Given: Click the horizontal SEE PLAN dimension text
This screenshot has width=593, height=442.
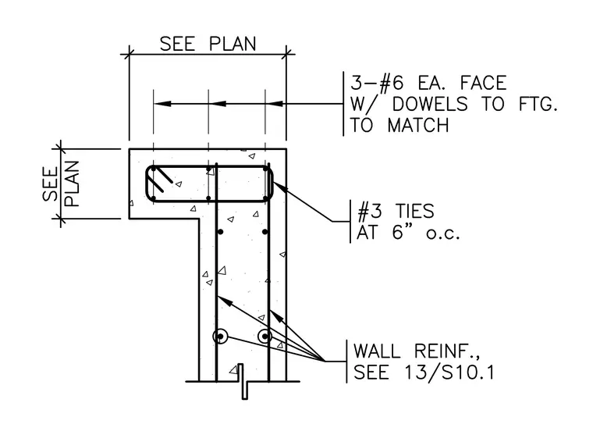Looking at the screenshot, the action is [x=208, y=44].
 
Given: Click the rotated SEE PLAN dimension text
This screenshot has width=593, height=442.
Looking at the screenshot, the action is [x=61, y=184].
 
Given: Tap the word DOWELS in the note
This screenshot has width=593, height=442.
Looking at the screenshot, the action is [x=430, y=105].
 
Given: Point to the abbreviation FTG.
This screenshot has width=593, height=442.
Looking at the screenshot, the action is [x=538, y=105].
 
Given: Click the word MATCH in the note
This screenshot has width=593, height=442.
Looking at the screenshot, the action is [x=418, y=125].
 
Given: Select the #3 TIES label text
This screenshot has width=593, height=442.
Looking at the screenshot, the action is [x=396, y=211].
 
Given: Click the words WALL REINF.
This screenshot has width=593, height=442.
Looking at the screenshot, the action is [x=417, y=351].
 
